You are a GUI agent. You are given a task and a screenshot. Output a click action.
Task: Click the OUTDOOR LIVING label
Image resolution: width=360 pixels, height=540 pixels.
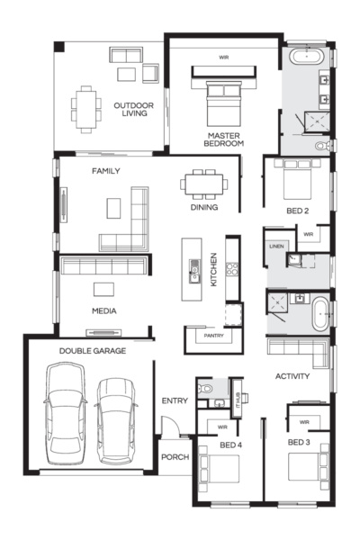tap(133, 110)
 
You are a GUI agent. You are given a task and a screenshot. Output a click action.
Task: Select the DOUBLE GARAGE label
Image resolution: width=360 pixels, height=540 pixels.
tap(93, 351)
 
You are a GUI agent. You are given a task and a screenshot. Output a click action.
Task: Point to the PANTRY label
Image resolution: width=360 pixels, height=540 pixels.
tap(213, 336)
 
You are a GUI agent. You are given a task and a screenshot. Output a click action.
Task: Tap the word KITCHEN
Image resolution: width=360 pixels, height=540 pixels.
tap(214, 268)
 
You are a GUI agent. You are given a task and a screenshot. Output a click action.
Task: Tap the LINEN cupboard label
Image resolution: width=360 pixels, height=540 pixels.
tap(276, 246)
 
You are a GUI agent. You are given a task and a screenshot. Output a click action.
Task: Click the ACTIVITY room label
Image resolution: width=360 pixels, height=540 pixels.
tap(292, 376)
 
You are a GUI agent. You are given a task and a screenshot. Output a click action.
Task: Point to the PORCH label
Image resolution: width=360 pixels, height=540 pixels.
tap(175, 457)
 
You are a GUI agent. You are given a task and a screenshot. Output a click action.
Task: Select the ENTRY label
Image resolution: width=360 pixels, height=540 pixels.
tap(175, 400)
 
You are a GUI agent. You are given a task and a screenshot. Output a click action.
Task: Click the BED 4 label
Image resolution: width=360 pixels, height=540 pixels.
tap(231, 443)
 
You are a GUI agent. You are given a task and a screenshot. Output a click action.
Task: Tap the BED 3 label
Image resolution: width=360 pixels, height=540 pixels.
tap(300, 443)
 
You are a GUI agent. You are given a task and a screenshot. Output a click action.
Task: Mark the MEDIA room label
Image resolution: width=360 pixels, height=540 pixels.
tap(104, 311)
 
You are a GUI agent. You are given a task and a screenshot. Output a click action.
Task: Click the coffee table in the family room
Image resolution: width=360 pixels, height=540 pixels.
tap(112, 208)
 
